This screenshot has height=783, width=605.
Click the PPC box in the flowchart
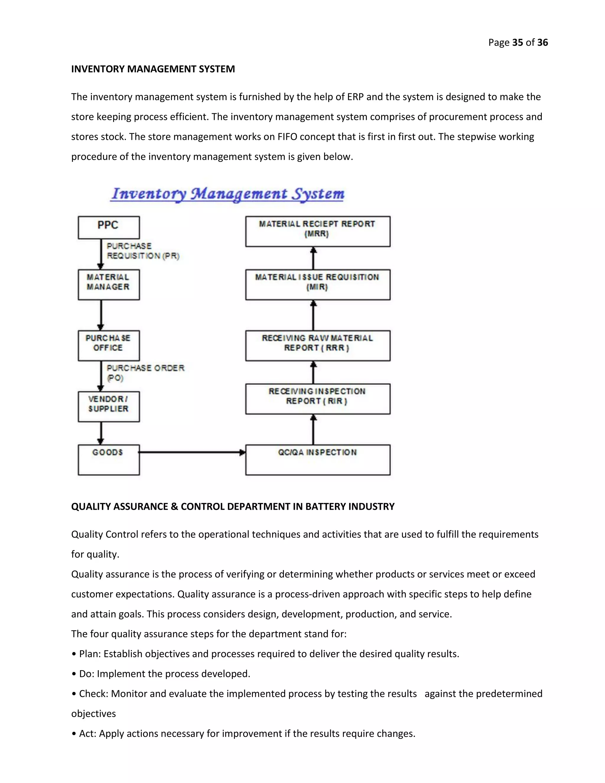109,227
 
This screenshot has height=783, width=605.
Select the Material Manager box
109,284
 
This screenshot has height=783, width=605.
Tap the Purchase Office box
109,345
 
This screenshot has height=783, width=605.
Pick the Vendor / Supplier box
109,406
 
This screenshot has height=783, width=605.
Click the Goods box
109,460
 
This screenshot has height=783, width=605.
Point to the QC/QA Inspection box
318,460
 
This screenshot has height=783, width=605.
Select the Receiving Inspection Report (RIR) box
318,399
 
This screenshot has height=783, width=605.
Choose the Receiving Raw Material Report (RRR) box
318,345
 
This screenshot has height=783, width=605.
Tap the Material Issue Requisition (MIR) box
318,284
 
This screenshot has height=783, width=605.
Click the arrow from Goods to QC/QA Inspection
192,452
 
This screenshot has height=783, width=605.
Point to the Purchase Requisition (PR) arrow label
143,251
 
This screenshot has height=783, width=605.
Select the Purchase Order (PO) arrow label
145,373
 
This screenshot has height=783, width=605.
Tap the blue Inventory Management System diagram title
227,194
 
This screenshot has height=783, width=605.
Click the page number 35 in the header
517,42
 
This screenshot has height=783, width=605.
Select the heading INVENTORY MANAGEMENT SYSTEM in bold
153,69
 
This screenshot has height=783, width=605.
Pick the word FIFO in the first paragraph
287,137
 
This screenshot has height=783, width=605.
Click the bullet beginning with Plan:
265,654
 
